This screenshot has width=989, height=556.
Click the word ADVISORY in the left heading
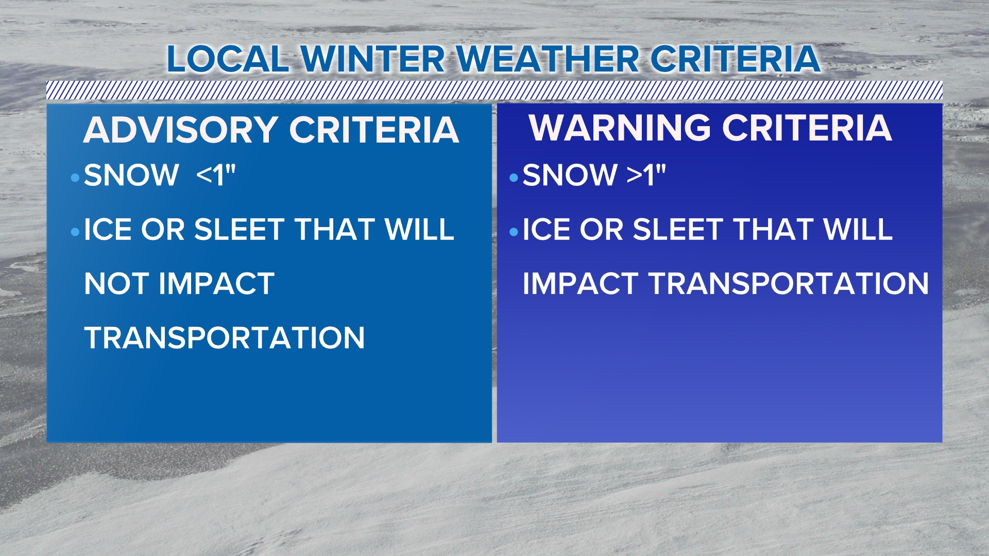click(181, 130)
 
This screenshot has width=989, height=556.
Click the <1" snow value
click(216, 175)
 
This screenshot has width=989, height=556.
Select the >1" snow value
click(646, 175)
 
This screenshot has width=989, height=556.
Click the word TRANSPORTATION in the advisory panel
click(225, 338)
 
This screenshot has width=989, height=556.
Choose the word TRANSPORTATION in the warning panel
click(789, 284)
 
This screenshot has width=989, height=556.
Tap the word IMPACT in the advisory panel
click(217, 284)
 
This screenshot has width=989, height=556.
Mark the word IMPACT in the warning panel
click(581, 284)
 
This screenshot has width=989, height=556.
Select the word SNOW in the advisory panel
click(131, 176)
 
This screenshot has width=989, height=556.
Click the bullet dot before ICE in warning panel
click(514, 232)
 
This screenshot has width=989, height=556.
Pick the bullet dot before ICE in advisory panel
click(75, 232)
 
